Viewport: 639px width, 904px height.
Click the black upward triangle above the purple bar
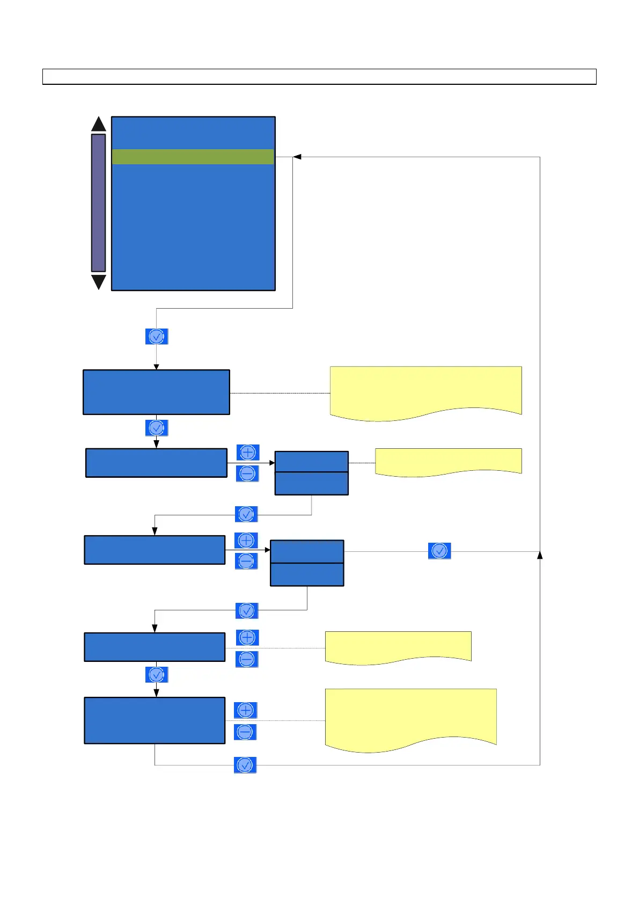click(x=99, y=125)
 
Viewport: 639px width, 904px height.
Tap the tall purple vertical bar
click(x=99, y=203)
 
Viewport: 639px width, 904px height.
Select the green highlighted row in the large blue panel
click(x=193, y=157)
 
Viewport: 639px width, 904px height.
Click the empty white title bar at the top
click(x=319, y=77)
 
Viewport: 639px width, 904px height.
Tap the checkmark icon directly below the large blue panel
click(x=157, y=337)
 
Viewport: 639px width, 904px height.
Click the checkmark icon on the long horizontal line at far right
click(x=439, y=551)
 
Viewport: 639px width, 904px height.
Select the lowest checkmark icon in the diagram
click(x=245, y=765)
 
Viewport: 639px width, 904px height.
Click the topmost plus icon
click(x=248, y=453)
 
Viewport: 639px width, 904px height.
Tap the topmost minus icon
click(x=248, y=473)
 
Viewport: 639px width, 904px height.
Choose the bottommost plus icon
click(x=245, y=710)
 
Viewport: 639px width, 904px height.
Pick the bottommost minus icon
click(x=245, y=732)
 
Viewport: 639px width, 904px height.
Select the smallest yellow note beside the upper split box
click(x=448, y=461)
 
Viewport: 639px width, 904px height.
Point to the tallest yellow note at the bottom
click(x=410, y=717)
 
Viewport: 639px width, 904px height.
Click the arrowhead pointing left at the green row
click(x=297, y=157)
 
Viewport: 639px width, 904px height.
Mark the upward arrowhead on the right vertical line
click(x=540, y=555)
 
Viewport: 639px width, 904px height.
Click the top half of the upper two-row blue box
click(x=311, y=462)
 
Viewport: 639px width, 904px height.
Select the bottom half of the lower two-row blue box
click(x=307, y=574)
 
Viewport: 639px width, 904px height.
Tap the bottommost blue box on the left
click(x=155, y=720)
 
